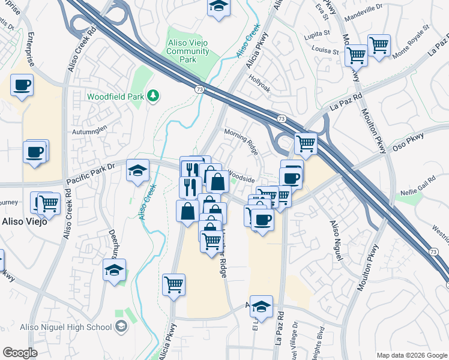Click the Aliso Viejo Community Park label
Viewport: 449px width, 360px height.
pyautogui.click(x=188, y=52)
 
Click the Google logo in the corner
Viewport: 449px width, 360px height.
pyautogui.click(x=20, y=352)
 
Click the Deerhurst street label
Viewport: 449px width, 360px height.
pyautogui.click(x=112, y=233)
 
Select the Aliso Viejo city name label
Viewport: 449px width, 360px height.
pyautogui.click(x=22, y=221)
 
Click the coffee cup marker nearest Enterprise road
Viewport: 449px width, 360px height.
pyautogui.click(x=22, y=85)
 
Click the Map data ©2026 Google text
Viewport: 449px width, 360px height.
pyautogui.click(x=411, y=355)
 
